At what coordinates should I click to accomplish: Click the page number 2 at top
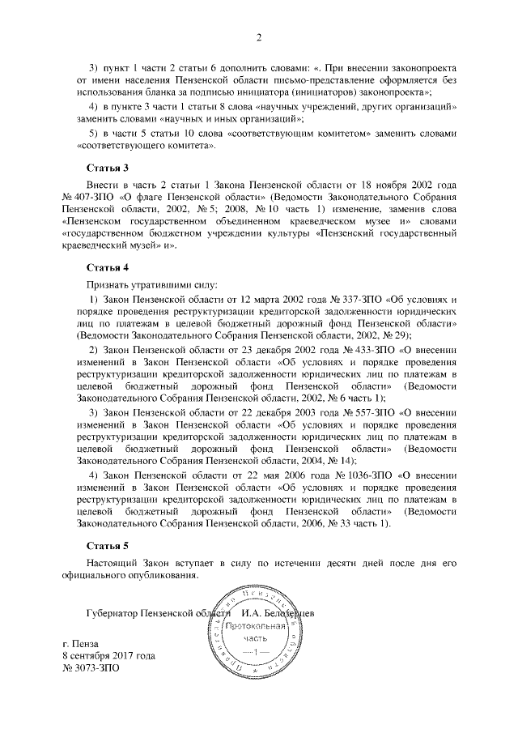tap(259, 38)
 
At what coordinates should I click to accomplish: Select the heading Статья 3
tap(108, 168)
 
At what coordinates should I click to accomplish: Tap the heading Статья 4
tap(108, 266)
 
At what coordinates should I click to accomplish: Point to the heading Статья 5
tap(108, 547)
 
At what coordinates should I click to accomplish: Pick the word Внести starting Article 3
tap(104, 185)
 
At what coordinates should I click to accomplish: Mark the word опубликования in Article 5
tap(163, 576)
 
